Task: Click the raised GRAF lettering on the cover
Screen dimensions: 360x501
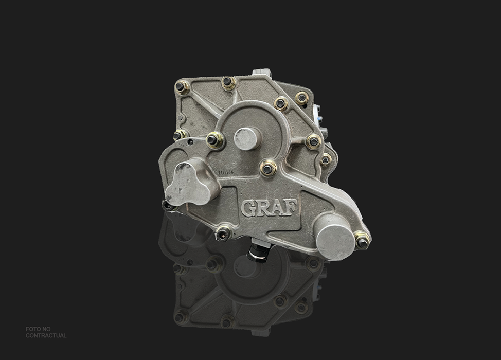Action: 269,207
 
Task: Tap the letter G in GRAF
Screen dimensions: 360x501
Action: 248,208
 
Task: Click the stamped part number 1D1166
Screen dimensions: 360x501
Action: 226,173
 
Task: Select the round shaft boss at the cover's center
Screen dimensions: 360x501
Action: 247,138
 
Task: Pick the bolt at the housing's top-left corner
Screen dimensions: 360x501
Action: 182,87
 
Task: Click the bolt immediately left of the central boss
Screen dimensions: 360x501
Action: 214,140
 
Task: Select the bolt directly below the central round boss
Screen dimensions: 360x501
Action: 267,168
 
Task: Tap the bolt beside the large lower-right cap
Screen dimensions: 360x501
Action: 362,240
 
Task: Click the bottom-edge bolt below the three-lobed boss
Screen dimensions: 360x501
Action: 222,234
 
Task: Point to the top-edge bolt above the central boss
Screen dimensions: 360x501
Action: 228,82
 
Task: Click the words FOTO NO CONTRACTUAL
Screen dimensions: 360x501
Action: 46,332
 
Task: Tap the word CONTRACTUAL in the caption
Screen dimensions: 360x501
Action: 46,336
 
